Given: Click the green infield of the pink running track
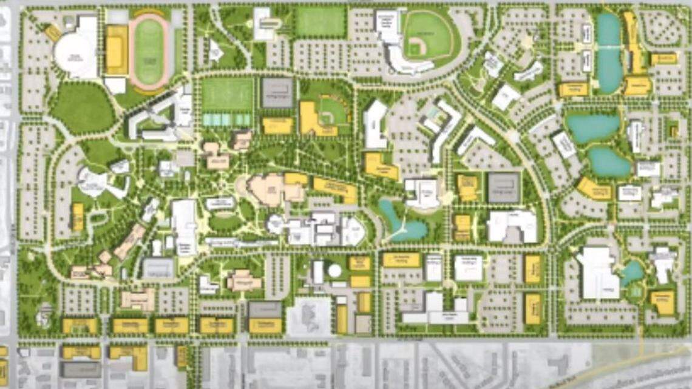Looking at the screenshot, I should [x=149, y=52].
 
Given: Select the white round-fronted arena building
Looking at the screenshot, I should [x=76, y=55].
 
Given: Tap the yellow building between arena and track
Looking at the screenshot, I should [x=117, y=50].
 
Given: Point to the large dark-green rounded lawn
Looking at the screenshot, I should [x=83, y=108].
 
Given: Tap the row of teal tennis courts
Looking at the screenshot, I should [x=226, y=120].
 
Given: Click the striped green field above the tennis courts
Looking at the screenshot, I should [x=227, y=94].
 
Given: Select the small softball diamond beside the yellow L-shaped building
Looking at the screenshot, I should [x=333, y=110].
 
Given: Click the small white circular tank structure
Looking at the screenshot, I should [x=334, y=271].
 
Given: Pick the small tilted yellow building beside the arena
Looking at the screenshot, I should [x=53, y=32].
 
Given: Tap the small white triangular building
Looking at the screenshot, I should [x=215, y=52].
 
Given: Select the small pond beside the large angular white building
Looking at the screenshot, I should [x=631, y=273].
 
